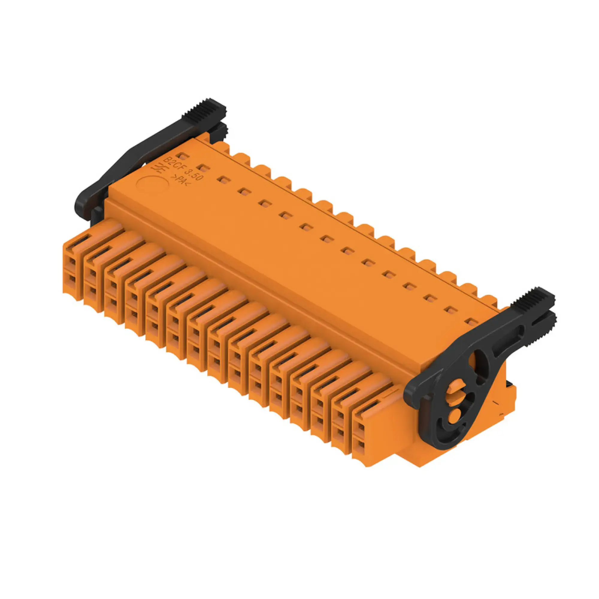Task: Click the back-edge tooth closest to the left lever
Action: coord(221,146)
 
